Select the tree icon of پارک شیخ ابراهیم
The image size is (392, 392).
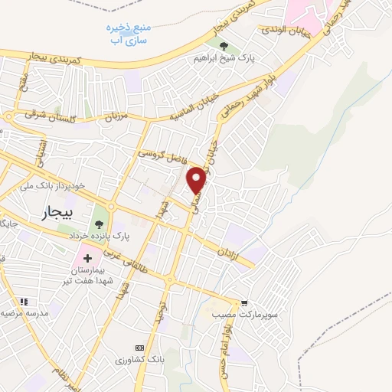[x=224, y=45]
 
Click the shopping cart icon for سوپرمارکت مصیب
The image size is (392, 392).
[x=244, y=303]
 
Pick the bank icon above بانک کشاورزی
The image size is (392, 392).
[x=139, y=347]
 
